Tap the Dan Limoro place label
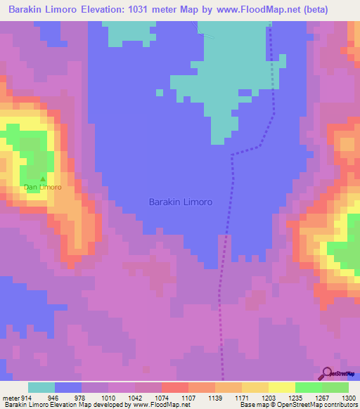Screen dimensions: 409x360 43,188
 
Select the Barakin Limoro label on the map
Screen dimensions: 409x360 181,202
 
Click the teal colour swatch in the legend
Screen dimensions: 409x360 41,387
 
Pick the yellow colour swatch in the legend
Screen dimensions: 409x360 281,387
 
